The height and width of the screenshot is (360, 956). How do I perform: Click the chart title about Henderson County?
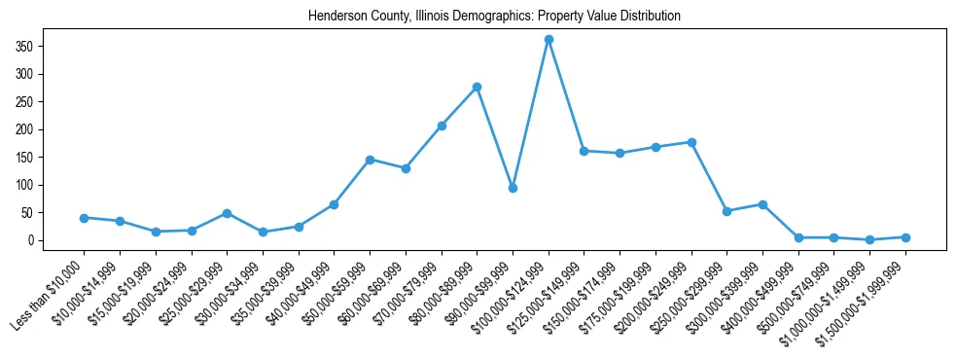(494, 17)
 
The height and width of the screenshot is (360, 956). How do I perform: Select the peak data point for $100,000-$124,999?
(549, 39)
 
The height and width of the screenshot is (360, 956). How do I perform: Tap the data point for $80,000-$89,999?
(477, 87)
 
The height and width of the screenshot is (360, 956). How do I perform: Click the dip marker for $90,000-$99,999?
(513, 188)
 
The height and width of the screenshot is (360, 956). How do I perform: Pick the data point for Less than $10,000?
(84, 218)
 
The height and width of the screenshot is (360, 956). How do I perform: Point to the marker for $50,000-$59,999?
(370, 160)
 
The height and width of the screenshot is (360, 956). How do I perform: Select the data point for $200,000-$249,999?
(691, 142)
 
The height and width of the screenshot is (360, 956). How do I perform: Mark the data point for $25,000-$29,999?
(227, 213)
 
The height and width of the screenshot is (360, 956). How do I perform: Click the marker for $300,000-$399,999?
(762, 204)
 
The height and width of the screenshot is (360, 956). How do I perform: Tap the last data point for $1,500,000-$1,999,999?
(905, 237)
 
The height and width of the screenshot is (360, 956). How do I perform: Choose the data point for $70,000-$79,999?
(442, 126)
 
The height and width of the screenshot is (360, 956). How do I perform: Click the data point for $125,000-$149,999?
(584, 151)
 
